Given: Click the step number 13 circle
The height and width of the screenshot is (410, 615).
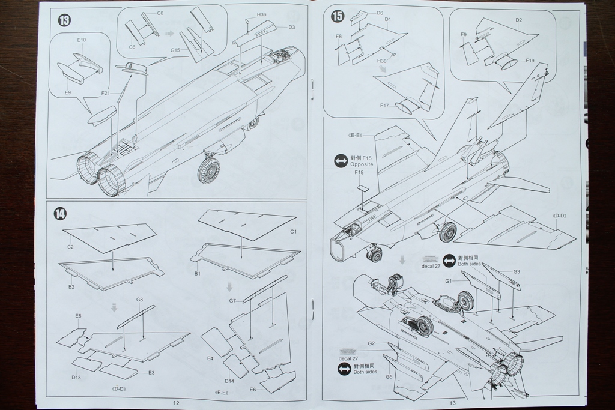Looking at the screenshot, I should [x=64, y=20].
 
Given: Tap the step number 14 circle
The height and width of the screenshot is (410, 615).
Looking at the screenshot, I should [x=61, y=214].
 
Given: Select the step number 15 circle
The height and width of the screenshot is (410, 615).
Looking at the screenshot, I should [x=338, y=17].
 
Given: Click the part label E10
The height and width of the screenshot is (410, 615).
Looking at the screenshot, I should [x=82, y=40].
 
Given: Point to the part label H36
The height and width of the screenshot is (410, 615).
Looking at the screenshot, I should [x=261, y=14].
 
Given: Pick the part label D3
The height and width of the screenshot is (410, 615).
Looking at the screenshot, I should [x=291, y=27].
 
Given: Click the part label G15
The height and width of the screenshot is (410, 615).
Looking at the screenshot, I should [x=175, y=50].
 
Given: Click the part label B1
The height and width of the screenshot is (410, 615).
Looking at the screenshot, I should [x=197, y=273].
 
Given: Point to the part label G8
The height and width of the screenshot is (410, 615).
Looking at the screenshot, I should [x=139, y=300].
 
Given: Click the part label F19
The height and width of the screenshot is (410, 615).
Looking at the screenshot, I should [x=530, y=61].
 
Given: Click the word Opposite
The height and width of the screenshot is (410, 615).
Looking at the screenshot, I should [x=362, y=164].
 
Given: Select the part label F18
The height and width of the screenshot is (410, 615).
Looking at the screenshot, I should [x=359, y=173].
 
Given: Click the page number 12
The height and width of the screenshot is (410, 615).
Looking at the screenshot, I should [x=176, y=403].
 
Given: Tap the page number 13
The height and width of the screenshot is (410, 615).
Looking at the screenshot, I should [x=452, y=403].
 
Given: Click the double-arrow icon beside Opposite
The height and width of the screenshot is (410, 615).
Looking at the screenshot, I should [x=341, y=161].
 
